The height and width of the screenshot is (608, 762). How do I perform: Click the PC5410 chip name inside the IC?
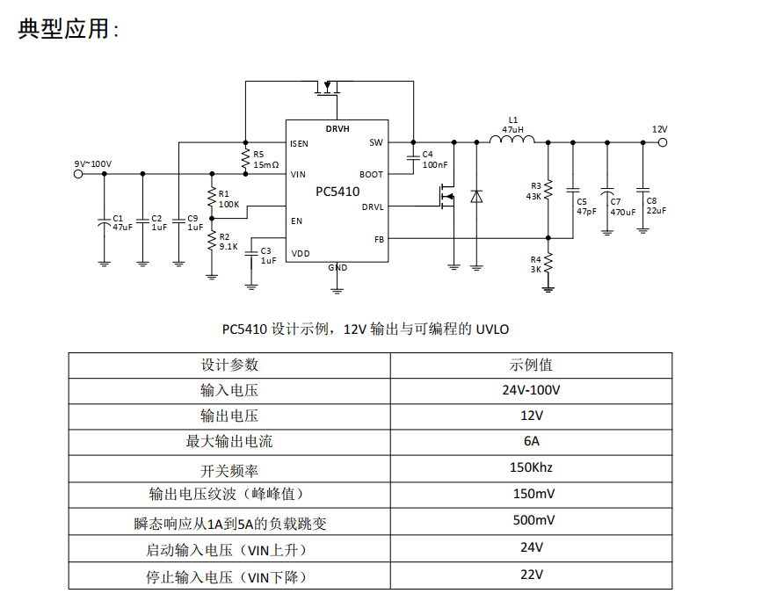click(337, 191)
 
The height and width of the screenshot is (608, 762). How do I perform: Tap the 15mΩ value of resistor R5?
click(265, 164)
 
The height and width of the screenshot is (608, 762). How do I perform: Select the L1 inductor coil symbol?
click(512, 139)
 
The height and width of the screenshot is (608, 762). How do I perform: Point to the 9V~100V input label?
click(92, 163)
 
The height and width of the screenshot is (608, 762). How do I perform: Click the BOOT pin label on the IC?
click(371, 175)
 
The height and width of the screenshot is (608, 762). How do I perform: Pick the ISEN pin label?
click(299, 142)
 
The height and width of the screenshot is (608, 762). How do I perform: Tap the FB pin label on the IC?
click(379, 239)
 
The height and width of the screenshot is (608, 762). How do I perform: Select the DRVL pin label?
click(372, 207)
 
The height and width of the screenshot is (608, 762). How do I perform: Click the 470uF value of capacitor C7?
click(623, 212)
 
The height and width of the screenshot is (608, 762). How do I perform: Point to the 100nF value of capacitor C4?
click(434, 164)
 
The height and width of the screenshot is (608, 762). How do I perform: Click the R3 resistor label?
click(536, 185)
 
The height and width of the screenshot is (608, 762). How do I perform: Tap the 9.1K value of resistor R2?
click(229, 246)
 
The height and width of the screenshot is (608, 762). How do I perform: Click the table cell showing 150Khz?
click(531, 467)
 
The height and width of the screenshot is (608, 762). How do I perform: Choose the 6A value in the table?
click(531, 441)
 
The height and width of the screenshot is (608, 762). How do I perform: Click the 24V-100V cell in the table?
click(531, 389)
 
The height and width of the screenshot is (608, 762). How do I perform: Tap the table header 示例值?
click(531, 365)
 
